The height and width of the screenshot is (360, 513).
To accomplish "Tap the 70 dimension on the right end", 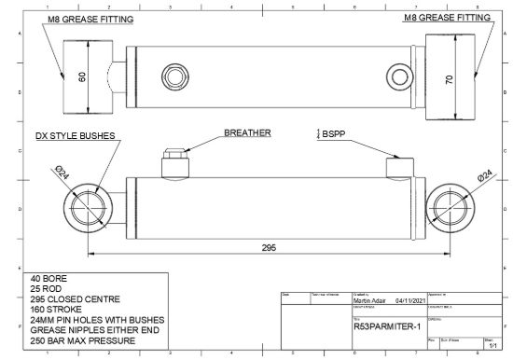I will [449, 80].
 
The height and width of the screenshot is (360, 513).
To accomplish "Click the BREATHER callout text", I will [246, 133].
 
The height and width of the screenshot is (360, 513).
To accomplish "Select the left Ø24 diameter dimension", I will [62, 173].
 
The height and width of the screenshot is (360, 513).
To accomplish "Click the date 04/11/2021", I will [410, 300].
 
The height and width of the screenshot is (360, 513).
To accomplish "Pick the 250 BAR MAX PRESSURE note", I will [84, 340].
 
